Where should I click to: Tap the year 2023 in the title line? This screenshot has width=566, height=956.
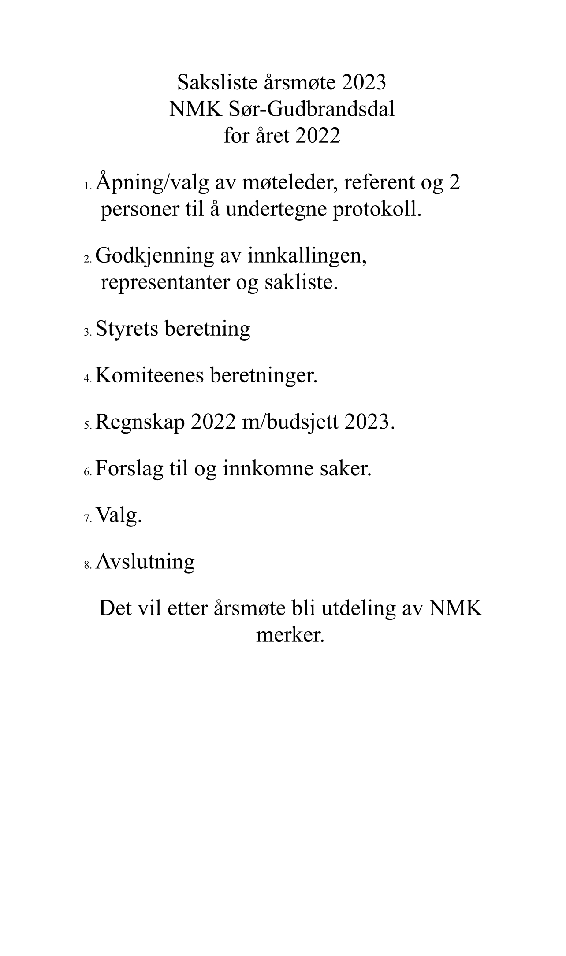point(363,82)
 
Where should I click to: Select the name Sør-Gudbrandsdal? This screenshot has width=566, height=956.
point(311,109)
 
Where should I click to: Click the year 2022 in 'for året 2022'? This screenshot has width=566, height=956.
point(318,136)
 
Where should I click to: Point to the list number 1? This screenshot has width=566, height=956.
point(88,186)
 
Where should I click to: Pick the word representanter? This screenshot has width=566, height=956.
point(165,282)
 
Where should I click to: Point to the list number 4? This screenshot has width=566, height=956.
point(88,378)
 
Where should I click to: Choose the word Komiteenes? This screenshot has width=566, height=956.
point(149,375)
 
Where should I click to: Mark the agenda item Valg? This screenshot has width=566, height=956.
point(119,515)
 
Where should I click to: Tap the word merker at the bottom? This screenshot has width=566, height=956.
point(290,635)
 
